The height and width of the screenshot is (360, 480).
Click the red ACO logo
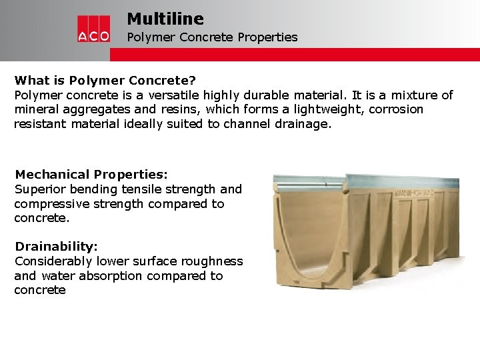pos(93,29)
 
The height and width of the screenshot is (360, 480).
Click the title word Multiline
pos(165,19)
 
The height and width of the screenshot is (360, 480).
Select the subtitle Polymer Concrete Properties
pos(212,37)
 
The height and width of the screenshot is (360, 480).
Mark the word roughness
pos(213,261)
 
